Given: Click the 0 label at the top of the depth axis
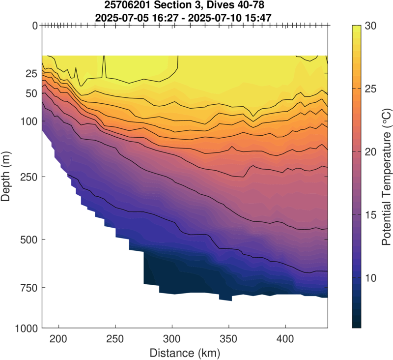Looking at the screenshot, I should click(x=35, y=26).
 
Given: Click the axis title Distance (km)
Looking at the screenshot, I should click(x=185, y=353).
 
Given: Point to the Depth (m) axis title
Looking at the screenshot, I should click(x=7, y=176).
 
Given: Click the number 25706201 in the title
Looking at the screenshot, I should click(x=129, y=5).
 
